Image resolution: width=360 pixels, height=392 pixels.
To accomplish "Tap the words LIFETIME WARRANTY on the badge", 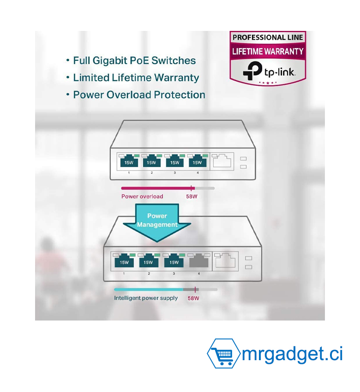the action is coord(268,52).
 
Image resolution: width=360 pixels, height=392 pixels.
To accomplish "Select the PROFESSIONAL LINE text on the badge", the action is coord(268,37).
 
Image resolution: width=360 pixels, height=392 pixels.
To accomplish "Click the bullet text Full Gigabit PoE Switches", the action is coord(134,61).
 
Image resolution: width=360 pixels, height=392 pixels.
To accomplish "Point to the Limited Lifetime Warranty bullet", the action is coord(136,78).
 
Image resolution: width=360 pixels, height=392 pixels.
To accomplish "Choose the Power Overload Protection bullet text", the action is coord(139,95).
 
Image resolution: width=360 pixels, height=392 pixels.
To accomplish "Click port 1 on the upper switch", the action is coord(129,161).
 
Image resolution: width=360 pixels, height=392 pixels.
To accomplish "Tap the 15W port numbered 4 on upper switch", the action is coord(197,161).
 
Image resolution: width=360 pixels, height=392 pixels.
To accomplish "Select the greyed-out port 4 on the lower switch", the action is coord(199,261).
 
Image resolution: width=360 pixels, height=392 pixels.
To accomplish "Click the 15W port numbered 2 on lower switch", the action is coord(148,261).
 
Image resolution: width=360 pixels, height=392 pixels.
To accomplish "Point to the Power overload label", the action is coord(142,196).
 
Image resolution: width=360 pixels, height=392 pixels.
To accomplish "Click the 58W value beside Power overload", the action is coord(192,196).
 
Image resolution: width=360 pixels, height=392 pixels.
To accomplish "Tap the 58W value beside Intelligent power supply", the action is coord(193,298).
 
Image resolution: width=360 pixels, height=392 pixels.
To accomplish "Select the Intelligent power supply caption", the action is coord(146,298).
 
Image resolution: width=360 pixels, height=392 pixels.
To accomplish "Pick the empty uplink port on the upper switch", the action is coord(222,161).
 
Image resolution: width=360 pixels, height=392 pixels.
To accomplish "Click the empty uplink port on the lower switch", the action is coord(225,261).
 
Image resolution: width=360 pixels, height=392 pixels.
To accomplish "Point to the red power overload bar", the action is coord(157,188).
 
